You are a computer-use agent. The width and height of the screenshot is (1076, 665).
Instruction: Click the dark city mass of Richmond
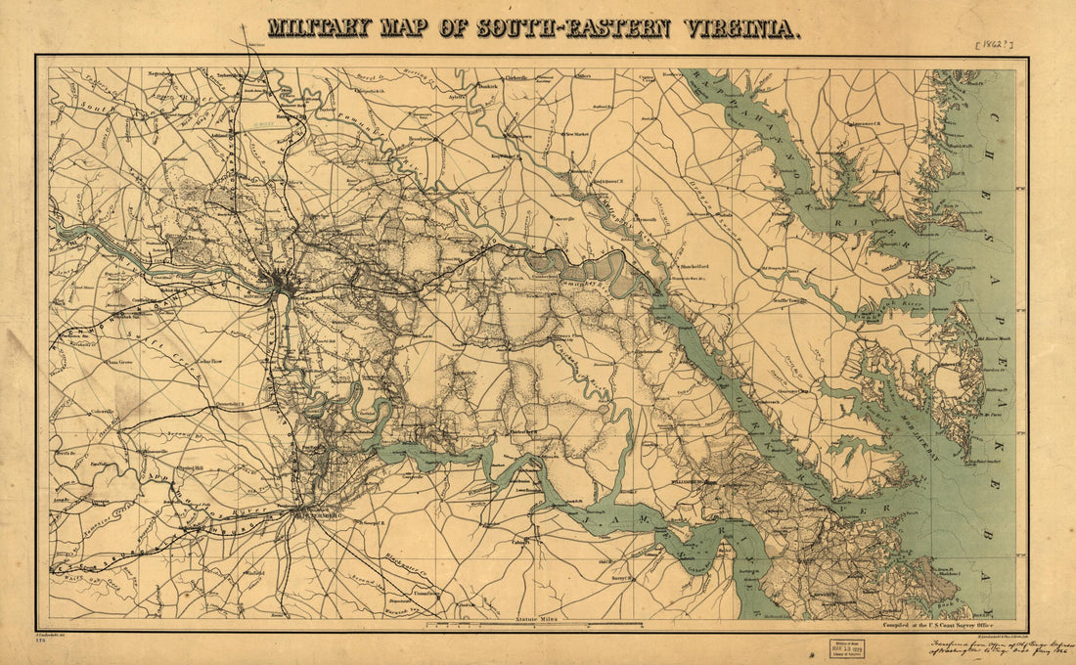tap(283, 285)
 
